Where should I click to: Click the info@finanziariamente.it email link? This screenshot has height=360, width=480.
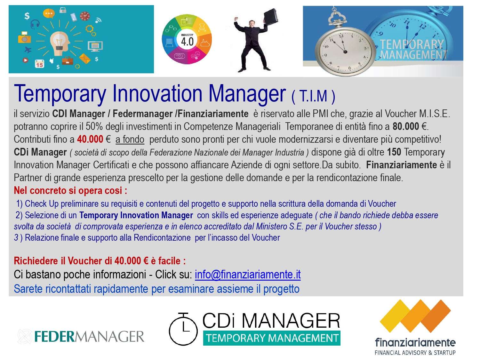point(248,275)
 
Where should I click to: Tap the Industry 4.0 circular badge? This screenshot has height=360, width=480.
point(187,39)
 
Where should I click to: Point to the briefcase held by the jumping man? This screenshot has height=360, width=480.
point(271,16)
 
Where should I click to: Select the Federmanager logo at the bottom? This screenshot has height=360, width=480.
point(81,336)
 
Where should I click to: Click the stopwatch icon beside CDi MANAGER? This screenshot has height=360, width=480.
point(183,329)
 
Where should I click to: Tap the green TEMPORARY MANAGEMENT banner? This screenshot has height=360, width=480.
point(272,338)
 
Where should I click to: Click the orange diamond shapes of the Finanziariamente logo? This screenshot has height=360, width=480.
point(415,316)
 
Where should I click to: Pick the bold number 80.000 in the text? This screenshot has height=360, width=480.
point(406,126)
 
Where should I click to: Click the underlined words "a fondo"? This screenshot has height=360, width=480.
point(130,140)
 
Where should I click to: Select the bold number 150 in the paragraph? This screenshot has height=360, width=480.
point(394,152)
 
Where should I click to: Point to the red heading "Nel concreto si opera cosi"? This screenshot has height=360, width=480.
point(70,191)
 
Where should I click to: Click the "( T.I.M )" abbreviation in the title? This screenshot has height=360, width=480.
point(313,96)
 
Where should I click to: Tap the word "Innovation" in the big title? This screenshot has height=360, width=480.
point(157,94)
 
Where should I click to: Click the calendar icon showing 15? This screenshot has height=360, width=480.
point(40,64)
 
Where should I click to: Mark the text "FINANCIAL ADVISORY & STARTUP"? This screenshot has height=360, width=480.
point(415,353)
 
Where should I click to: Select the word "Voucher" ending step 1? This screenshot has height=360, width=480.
point(382,204)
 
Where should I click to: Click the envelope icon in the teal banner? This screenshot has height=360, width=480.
point(84,58)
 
